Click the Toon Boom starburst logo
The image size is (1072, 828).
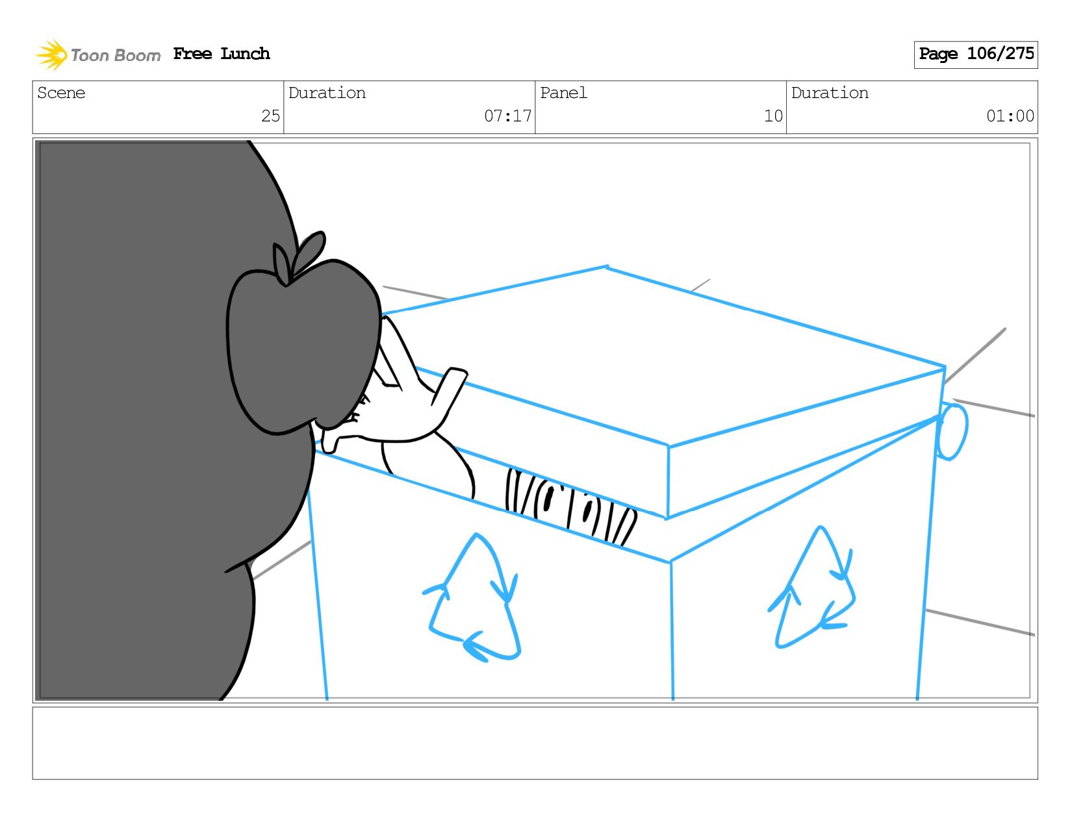tap(51, 55)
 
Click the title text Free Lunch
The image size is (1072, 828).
tap(222, 53)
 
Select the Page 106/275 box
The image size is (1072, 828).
tap(975, 55)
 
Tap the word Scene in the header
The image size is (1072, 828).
tap(61, 93)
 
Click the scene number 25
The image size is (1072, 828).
tap(270, 116)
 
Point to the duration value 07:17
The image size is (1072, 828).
tap(507, 116)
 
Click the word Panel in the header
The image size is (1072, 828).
tap(563, 93)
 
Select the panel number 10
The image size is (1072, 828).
tap(773, 116)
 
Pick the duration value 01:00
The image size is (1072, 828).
tap(1010, 116)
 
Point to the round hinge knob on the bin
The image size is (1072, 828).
tap(952, 432)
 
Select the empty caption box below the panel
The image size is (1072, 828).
tap(535, 743)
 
